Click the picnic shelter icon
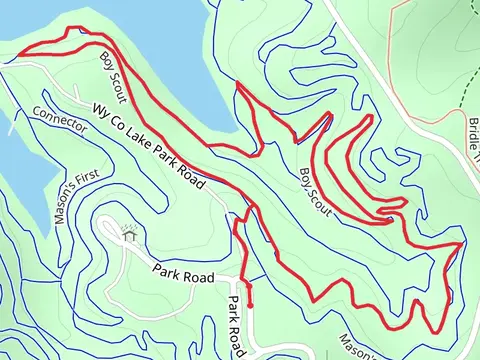tap(128, 237)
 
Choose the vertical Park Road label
tap(233, 325)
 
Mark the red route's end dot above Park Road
tap(249, 304)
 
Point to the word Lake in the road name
tap(144, 143)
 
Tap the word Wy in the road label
tap(102, 113)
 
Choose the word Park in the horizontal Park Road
tap(167, 269)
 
